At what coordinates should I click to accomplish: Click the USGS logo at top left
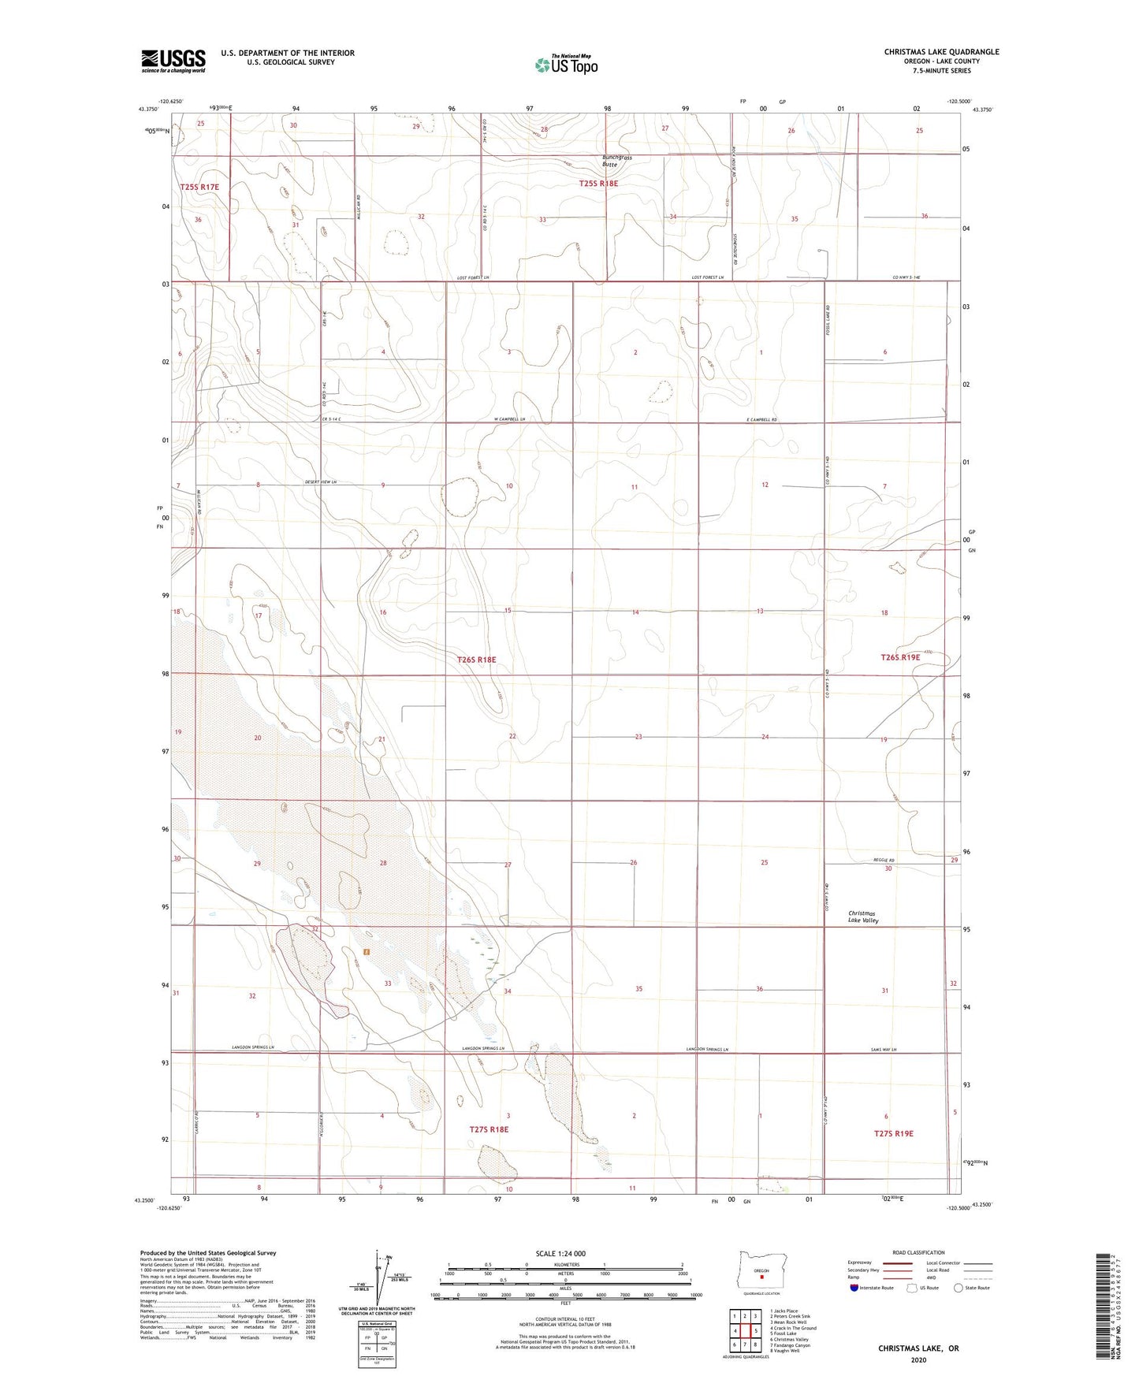(x=173, y=60)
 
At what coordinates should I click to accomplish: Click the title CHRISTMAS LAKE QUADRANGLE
(x=941, y=52)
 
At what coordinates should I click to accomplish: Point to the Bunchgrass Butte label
(x=616, y=161)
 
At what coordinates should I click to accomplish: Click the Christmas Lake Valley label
(x=862, y=917)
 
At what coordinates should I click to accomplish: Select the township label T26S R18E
(x=476, y=659)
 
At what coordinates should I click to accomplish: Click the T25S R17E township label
(x=199, y=188)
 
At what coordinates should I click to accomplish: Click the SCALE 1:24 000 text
(x=560, y=1253)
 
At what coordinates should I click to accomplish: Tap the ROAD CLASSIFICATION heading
(x=918, y=1252)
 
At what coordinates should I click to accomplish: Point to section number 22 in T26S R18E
(x=512, y=736)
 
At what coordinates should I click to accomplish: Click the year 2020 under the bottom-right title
(x=918, y=1359)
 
